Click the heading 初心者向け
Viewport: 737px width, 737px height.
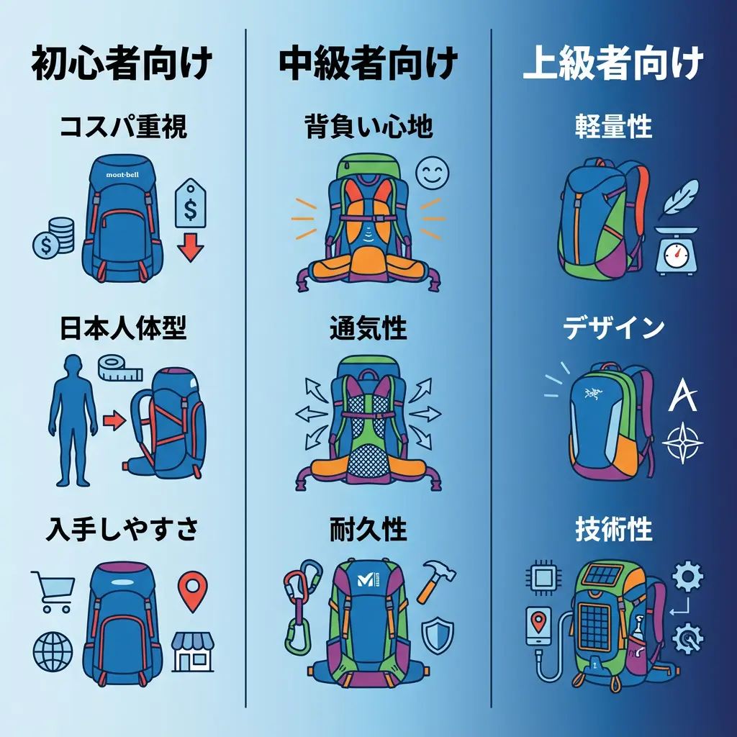coord(122,65)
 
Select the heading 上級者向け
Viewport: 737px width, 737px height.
coord(612,65)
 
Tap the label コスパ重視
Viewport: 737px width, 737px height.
coord(122,127)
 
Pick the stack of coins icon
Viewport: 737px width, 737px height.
coord(54,239)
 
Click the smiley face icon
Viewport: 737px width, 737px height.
coord(432,173)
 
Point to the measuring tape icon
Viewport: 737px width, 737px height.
coord(119,368)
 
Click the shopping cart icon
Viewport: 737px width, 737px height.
coord(53,591)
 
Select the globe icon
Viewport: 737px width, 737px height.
coord(53,651)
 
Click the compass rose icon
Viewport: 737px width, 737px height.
coord(682,442)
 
